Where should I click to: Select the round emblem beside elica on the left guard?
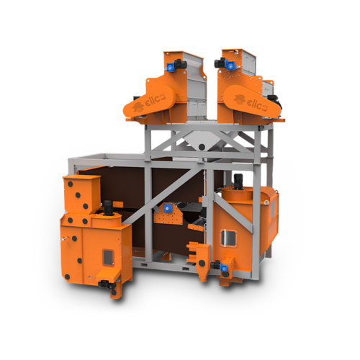pos(138,106)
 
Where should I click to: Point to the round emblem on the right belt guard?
pos(239,99)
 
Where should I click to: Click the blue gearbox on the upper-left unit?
pos(170,66)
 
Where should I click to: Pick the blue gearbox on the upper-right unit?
pos(230,65)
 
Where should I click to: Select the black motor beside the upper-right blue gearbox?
pos(220,63)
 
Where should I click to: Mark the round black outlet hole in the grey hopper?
pos(202,147)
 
